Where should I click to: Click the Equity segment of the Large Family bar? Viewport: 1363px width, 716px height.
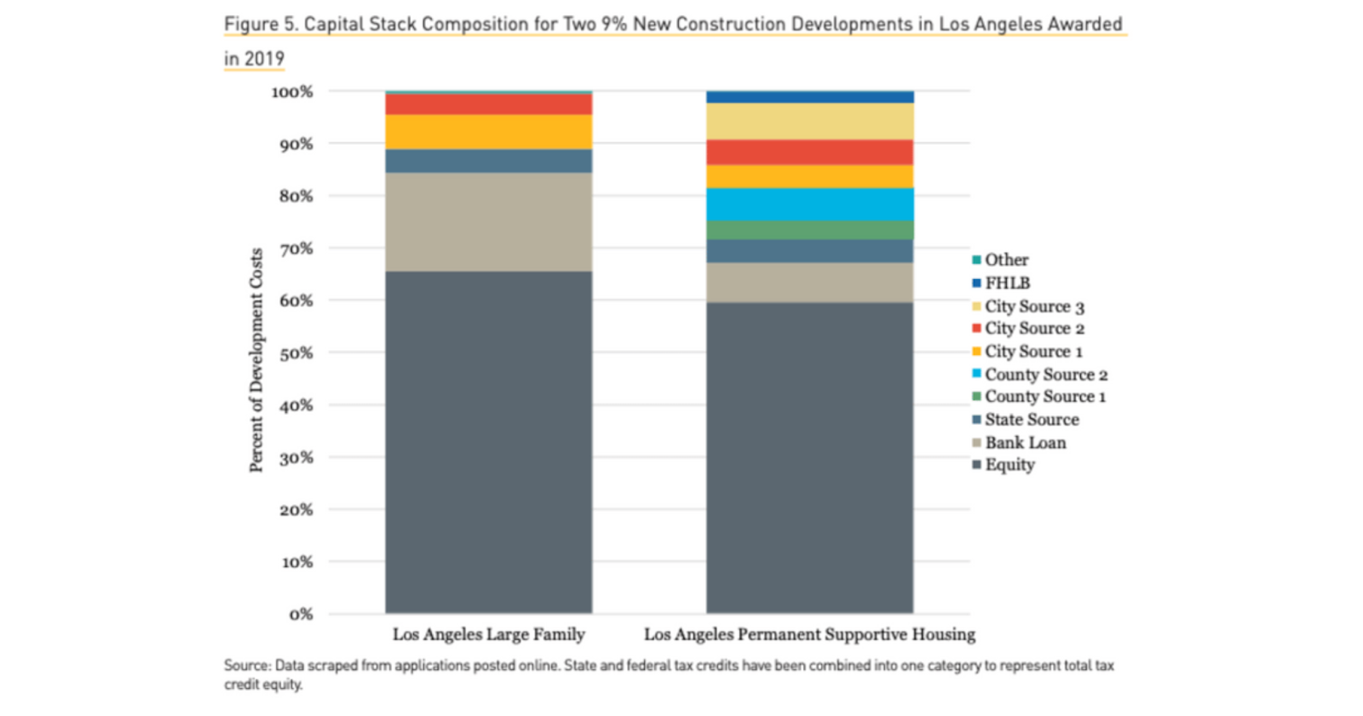488,442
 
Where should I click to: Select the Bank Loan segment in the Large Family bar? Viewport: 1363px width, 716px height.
488,222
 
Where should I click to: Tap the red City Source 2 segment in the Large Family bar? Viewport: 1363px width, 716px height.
488,104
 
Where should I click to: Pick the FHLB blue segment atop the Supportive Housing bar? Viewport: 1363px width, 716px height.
809,97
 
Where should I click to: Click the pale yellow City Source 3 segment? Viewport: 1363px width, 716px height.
809,122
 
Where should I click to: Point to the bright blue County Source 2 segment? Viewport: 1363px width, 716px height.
809,204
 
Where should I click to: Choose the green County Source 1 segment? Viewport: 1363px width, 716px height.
809,230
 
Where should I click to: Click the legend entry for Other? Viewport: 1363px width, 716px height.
1005,260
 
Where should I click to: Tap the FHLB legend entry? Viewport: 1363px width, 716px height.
1006,283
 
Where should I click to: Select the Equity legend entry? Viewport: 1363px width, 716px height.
1009,465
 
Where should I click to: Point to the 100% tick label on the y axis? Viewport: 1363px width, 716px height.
292,92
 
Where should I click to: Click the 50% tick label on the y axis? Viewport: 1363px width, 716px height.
296,353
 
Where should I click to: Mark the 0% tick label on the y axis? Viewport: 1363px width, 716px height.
301,615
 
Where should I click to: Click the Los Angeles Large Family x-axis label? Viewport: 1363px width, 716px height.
488,634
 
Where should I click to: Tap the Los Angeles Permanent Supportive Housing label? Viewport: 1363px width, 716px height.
809,634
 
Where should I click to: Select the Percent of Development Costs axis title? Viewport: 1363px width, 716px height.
256,359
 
